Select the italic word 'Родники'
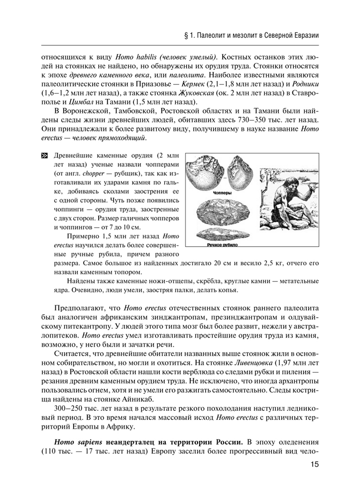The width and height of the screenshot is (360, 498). pyautogui.click(x=305, y=84)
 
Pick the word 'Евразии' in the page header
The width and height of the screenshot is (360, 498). pyautogui.click(x=303, y=36)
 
